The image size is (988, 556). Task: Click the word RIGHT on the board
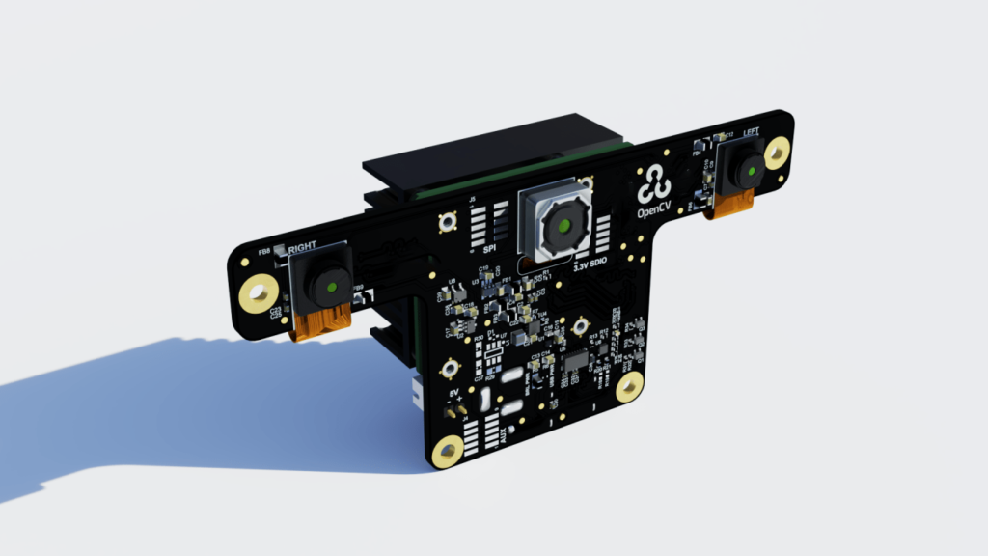(302, 247)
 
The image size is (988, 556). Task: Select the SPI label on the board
(476, 248)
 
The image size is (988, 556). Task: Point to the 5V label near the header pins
(456, 394)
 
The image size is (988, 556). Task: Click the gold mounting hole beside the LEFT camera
(777, 151)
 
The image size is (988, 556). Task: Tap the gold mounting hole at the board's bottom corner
(448, 451)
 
